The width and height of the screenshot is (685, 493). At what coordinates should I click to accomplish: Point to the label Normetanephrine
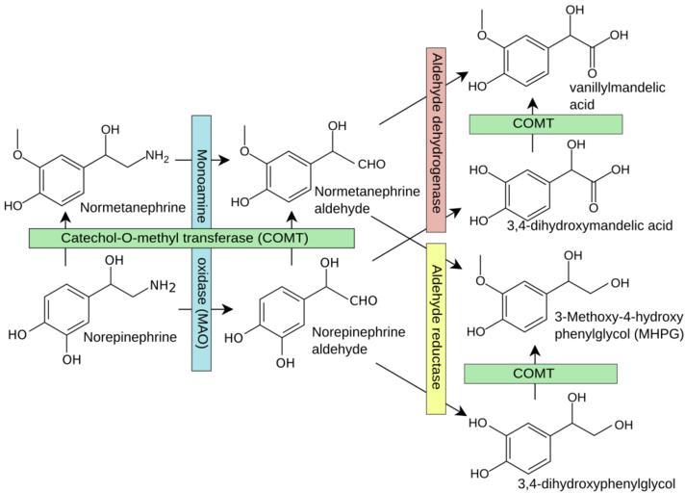pyautogui.click(x=128, y=207)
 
